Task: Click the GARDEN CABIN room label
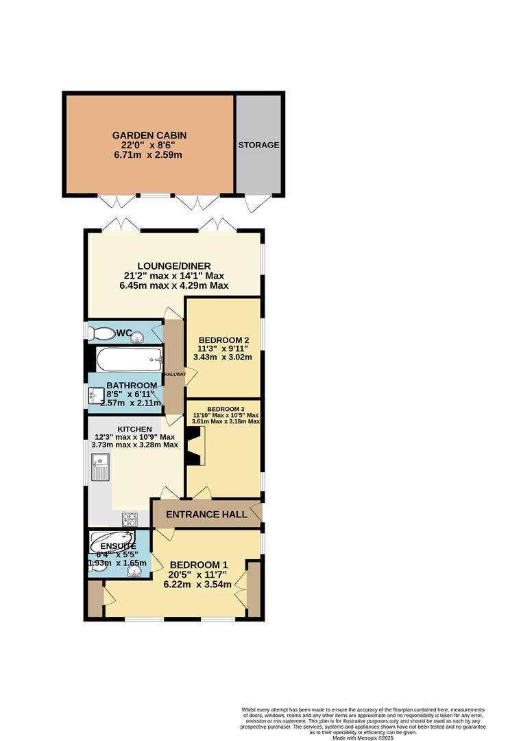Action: pos(149,135)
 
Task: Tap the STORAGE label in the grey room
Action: pos(258,145)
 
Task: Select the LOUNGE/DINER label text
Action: pos(173,266)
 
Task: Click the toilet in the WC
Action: pos(103,334)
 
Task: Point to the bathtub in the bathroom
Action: pos(129,358)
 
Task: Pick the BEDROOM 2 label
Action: pos(223,340)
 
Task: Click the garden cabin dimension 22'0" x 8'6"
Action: pos(149,145)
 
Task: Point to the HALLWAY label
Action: pos(173,374)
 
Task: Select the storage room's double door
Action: pos(258,202)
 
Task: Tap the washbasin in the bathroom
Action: pos(94,396)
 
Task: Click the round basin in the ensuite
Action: pos(134,569)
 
